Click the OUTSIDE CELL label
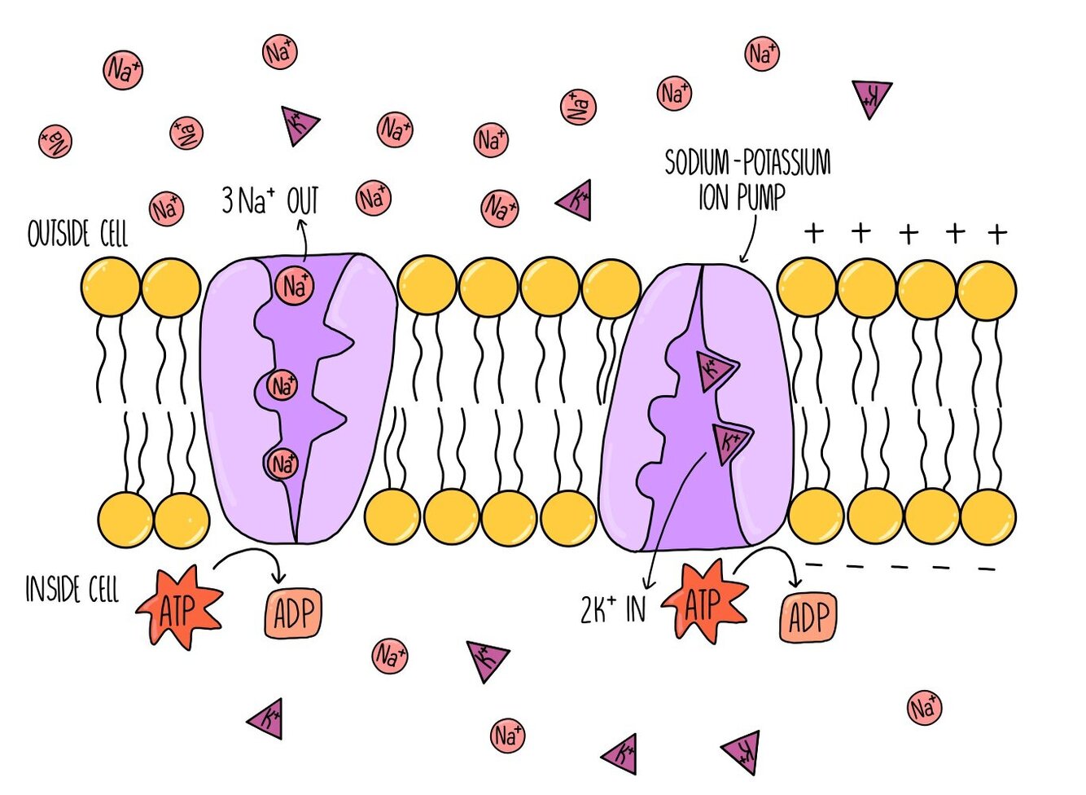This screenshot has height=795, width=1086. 77,233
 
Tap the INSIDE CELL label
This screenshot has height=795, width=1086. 72,589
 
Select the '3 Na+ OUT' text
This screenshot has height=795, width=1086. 270,200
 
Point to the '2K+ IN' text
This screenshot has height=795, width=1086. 613,608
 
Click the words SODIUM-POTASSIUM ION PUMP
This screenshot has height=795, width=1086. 747,179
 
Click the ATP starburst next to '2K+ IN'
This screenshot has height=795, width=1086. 704,602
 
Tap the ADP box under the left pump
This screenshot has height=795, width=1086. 293,613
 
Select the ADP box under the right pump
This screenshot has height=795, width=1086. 808,617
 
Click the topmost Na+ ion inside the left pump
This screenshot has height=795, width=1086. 294,286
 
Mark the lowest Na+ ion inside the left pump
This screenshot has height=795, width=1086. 281,463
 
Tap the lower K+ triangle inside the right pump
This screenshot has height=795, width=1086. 732,442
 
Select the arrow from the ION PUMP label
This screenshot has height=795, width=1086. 750,240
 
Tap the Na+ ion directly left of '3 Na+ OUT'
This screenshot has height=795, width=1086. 166,209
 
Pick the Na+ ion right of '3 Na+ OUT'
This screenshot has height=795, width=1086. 373,198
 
